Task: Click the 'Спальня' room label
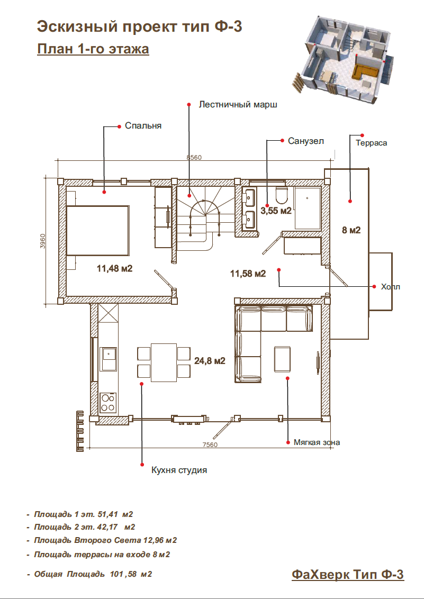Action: (x=143, y=126)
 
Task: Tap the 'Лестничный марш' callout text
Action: (x=238, y=105)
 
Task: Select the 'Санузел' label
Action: (x=306, y=141)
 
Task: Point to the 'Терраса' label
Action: (x=371, y=143)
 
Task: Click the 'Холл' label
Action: (x=390, y=287)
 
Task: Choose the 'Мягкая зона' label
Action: (x=317, y=442)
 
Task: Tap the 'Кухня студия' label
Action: (x=179, y=470)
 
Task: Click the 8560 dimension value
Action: (x=194, y=157)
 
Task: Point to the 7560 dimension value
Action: (x=210, y=444)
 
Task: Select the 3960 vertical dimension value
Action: (x=43, y=241)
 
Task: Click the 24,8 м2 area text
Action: (x=210, y=361)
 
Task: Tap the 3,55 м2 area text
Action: (x=276, y=211)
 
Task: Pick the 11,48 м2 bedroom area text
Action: (x=114, y=269)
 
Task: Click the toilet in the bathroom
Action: (x=282, y=195)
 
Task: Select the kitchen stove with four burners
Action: (x=108, y=403)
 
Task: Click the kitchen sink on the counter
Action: (x=108, y=359)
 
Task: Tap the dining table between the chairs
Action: (x=164, y=362)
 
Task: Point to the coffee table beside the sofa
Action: (x=282, y=358)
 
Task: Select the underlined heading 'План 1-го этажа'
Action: (x=93, y=49)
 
